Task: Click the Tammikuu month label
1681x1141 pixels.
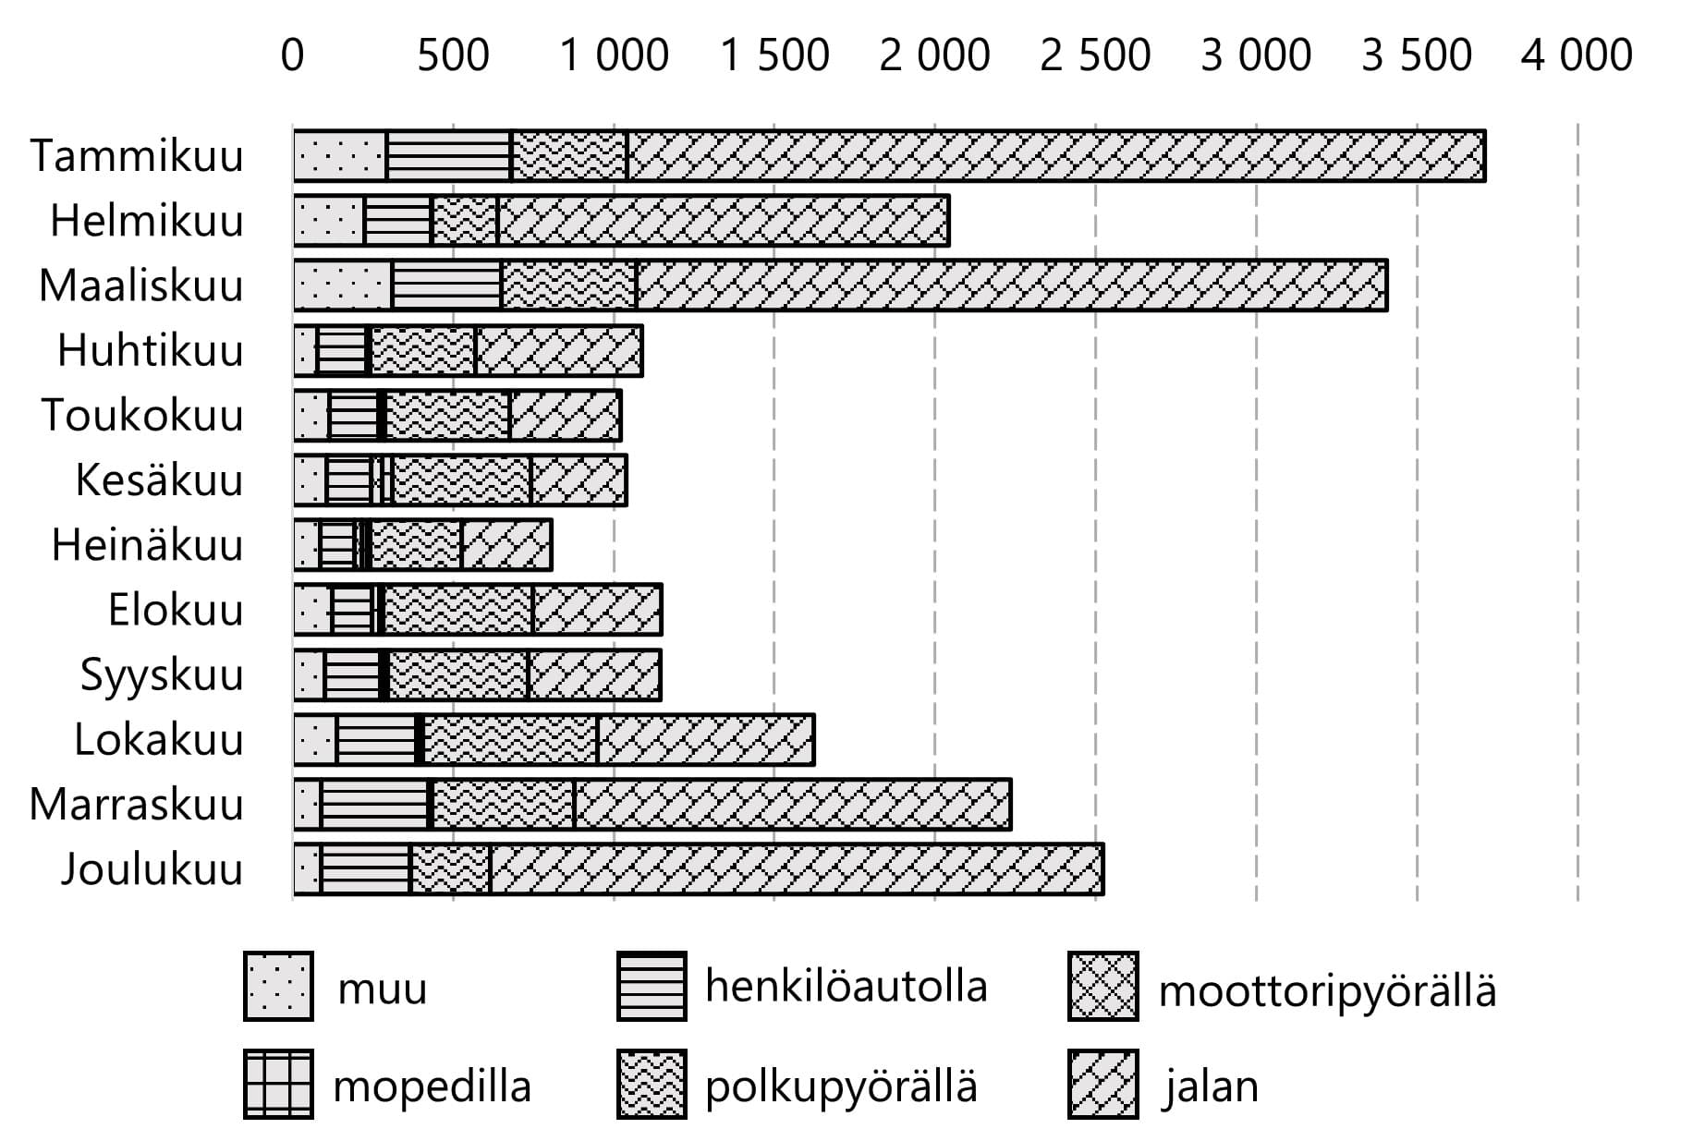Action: click(137, 155)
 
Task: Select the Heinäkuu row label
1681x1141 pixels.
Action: click(147, 545)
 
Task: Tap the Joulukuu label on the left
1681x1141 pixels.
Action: click(152, 869)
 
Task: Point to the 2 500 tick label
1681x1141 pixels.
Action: click(1095, 55)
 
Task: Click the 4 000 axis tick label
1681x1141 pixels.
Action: click(1577, 55)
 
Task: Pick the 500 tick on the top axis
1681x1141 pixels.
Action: click(453, 55)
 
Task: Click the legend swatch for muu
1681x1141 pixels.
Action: click(278, 987)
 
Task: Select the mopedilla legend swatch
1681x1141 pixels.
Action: click(278, 1084)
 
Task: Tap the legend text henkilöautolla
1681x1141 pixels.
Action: click(846, 986)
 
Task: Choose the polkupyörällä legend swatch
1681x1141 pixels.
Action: click(652, 1084)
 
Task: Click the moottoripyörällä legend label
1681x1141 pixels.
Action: click(1327, 990)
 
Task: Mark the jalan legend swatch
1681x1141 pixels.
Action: click(1102, 1084)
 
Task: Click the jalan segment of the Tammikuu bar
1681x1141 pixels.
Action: click(1055, 156)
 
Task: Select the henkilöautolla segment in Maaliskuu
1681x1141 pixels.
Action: click(446, 285)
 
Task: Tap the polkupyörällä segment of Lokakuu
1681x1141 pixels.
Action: click(510, 740)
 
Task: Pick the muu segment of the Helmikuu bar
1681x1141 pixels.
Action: click(329, 221)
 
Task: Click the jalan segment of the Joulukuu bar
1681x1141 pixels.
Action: click(797, 869)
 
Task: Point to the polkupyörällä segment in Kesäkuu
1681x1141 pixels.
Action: click(461, 480)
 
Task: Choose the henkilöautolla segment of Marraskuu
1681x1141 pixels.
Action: click(374, 805)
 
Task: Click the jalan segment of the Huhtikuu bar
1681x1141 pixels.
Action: click(558, 351)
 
